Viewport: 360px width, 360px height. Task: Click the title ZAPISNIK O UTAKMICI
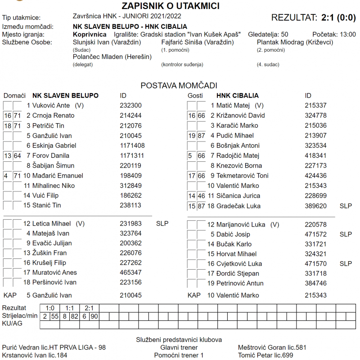pos(171,6)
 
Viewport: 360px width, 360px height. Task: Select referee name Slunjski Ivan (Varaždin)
pos(107,42)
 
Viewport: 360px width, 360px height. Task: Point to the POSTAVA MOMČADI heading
pos(179,85)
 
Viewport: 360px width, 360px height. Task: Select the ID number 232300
pos(131,106)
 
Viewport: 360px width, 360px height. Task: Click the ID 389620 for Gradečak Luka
pos(315,206)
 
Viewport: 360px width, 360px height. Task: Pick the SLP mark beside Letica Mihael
pos(162,223)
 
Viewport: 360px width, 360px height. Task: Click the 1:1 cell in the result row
pos(69,308)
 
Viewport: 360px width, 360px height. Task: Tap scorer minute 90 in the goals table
pos(94,316)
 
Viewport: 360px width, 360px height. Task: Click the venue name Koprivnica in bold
pos(90,35)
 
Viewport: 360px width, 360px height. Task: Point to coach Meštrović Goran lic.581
pos(272,347)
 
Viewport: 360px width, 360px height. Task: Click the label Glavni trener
pos(179,347)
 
